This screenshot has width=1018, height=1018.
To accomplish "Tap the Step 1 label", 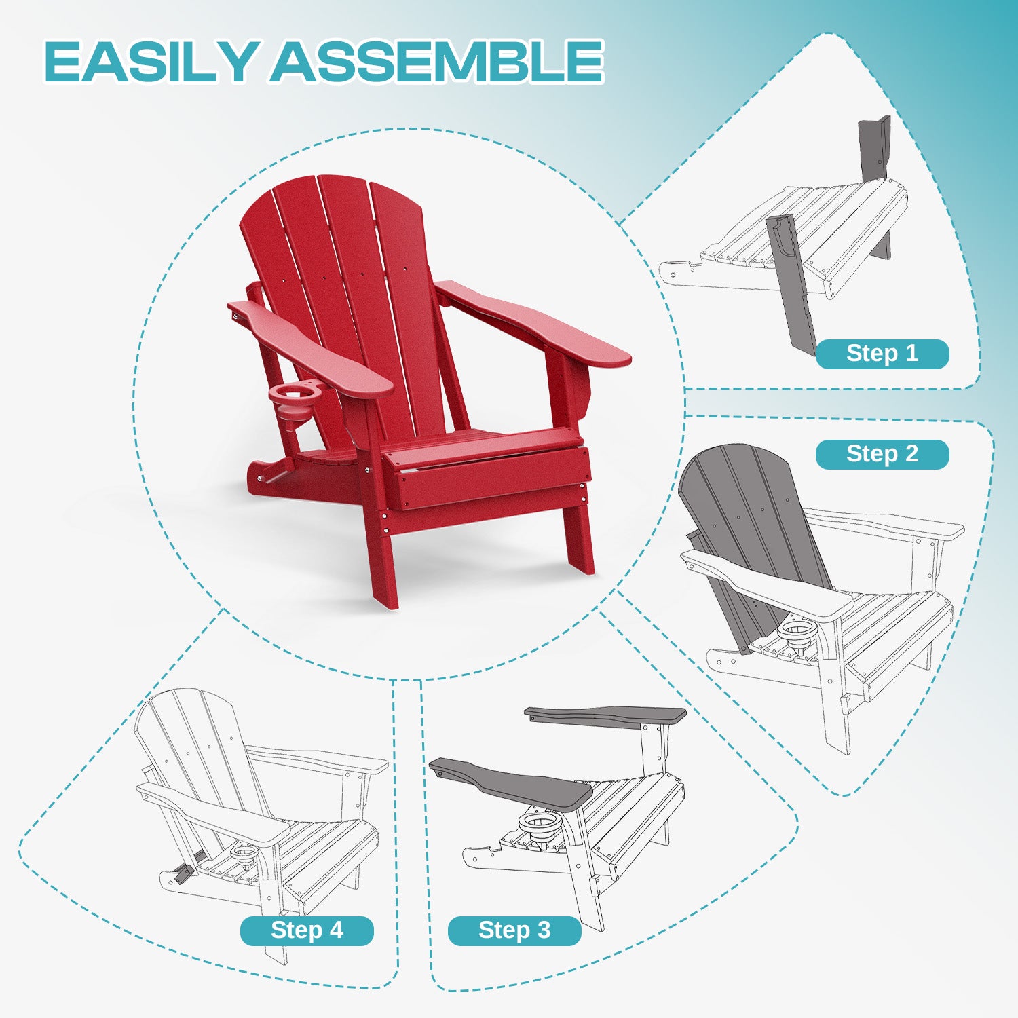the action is pyautogui.click(x=882, y=354).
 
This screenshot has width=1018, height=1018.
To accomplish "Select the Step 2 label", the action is pyautogui.click(x=882, y=454).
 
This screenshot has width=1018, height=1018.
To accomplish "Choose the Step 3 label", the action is pyautogui.click(x=514, y=930).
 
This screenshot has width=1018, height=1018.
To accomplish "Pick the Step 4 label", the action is pyautogui.click(x=307, y=930).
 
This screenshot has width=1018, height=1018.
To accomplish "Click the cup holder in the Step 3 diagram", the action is pyautogui.click(x=541, y=826).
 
